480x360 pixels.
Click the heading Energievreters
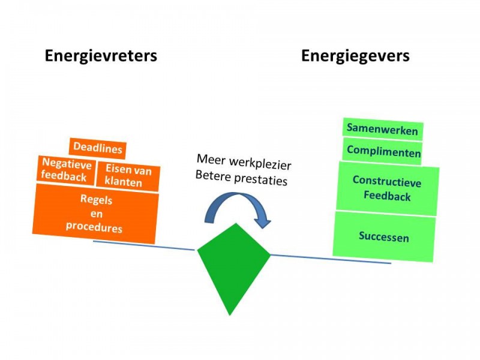pos(101,56)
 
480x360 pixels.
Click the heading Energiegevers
pos(355,56)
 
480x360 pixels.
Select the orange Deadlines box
pos(97,148)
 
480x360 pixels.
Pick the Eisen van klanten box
pos(128,175)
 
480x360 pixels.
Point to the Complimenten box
pos(383,151)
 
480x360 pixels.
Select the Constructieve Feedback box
pos(387,188)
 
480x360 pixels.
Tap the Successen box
pos(384,236)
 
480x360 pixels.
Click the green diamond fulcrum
pos(234,264)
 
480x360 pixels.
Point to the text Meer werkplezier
pos(243,162)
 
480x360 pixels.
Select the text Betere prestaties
pos(241,178)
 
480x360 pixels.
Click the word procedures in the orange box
pos(94,227)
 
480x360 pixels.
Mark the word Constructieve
pos(387,181)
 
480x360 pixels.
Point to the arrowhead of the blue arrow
pos(263,223)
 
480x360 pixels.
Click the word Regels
pos(96,200)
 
